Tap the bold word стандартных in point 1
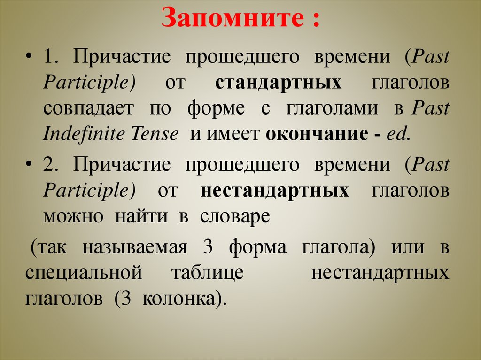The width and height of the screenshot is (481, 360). (x=279, y=83)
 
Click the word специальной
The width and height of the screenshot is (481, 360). (x=84, y=273)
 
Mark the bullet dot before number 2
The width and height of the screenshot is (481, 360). (x=30, y=166)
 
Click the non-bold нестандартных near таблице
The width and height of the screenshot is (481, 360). (x=380, y=273)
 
